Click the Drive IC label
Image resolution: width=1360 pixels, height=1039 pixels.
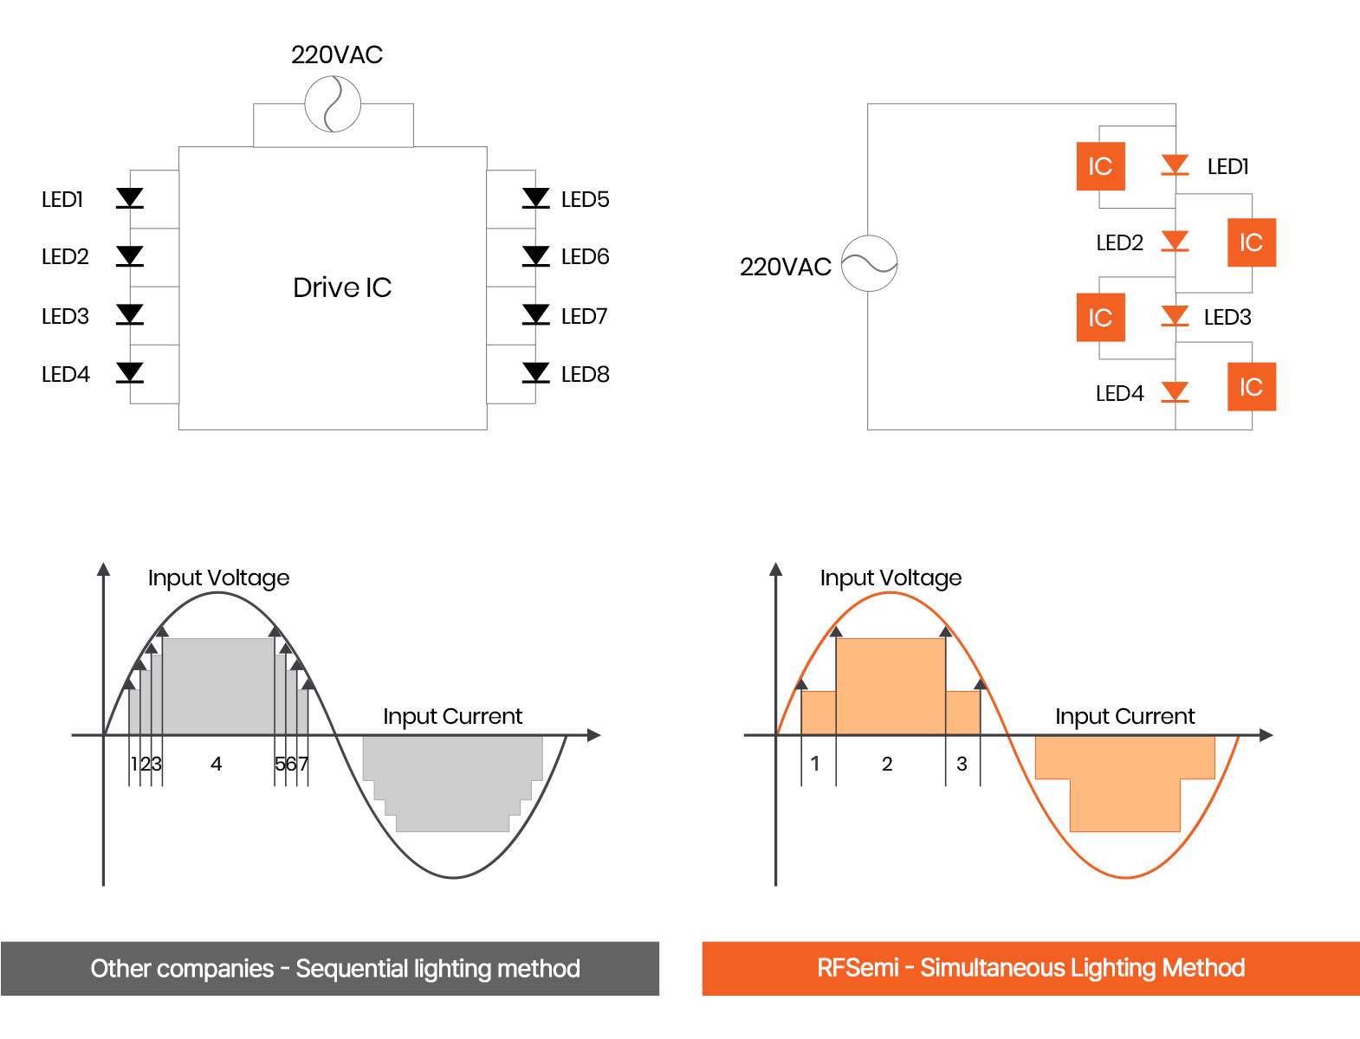pos(342,287)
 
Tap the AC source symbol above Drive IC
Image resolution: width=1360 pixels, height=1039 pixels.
pos(333,104)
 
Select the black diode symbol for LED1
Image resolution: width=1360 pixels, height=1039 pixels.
pos(129,198)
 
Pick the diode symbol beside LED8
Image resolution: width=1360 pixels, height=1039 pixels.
pos(536,373)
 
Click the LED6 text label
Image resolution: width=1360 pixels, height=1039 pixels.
pos(585,256)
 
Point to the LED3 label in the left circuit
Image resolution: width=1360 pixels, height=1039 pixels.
pos(65,316)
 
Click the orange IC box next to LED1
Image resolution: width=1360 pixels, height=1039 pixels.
pos(1100,166)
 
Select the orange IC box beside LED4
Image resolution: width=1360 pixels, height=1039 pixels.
pos(1252,387)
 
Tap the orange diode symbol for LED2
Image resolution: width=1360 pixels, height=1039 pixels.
pos(1175,241)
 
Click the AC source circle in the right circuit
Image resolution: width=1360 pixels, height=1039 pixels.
pos(870,263)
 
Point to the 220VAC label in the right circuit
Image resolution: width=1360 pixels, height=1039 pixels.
pos(785,267)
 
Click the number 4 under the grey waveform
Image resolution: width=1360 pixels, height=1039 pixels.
pos(216,764)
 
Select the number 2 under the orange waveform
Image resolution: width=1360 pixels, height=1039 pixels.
pos(887,764)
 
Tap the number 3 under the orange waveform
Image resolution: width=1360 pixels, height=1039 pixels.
pos(962,764)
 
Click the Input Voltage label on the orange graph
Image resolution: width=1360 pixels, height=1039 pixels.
pos(891,578)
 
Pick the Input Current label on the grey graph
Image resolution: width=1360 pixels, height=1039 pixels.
pos(452,716)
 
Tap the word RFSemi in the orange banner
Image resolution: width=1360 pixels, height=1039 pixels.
pos(858,968)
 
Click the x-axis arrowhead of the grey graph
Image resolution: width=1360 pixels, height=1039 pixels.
pos(593,735)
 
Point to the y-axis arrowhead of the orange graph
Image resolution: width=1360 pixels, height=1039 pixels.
pos(776,570)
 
